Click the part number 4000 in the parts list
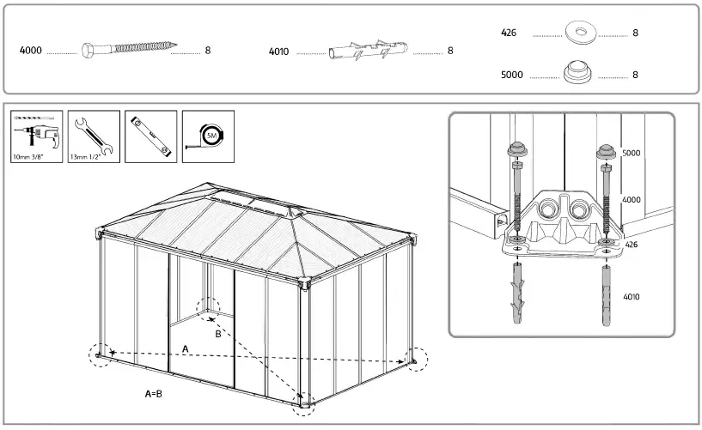pos(30,51)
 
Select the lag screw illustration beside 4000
pos(130,49)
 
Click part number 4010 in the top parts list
pos(278,51)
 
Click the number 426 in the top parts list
pos(509,33)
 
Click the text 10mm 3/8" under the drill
pos(31,158)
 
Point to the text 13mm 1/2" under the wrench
pos(86,158)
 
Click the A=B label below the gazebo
pos(154,394)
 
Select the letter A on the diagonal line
pos(185,348)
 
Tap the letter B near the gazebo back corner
pos(218,333)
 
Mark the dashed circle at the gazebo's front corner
pos(303,401)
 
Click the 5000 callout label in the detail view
pos(632,153)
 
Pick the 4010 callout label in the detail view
pos(632,297)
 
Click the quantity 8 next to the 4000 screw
pos(208,51)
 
